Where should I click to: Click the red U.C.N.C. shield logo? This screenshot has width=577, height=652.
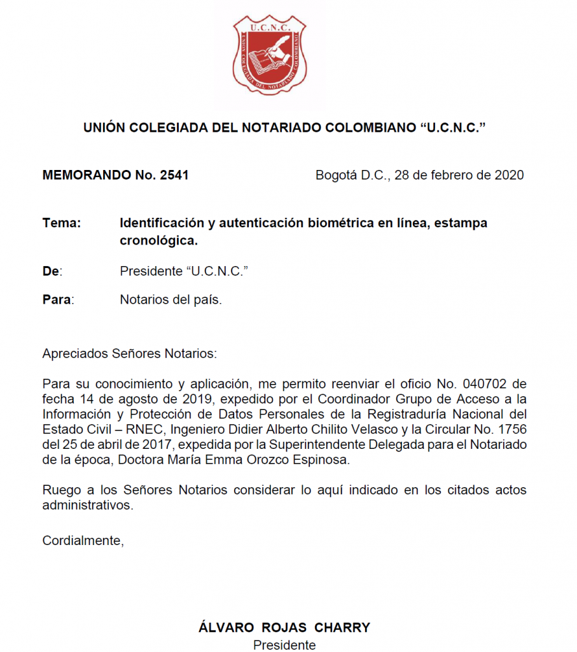tap(270, 54)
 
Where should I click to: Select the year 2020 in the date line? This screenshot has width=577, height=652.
tap(509, 175)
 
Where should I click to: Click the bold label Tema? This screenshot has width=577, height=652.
tap(62, 223)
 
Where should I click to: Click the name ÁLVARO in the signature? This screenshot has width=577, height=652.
tap(225, 627)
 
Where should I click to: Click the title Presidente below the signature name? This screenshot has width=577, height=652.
tap(284, 645)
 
